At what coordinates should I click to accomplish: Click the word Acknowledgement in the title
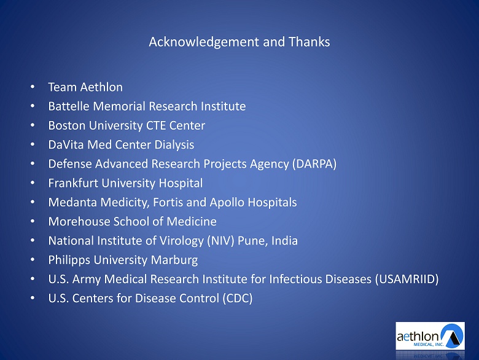[x=204, y=42]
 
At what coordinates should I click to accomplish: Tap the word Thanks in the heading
[x=309, y=42]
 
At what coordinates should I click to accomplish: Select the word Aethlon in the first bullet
[x=102, y=87]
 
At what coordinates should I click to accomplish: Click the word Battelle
[x=69, y=106]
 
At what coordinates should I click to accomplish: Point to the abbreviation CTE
[x=156, y=125]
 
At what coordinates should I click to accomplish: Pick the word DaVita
[x=66, y=144]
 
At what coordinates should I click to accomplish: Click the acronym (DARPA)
[x=314, y=164]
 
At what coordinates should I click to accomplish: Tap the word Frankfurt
[x=73, y=183]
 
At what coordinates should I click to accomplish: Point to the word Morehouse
[x=79, y=222]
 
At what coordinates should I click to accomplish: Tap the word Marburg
[x=174, y=260]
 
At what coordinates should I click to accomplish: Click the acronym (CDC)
[x=238, y=299]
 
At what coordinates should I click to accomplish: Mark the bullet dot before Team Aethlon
[x=33, y=87]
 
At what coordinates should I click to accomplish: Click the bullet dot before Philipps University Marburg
[x=33, y=260]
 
